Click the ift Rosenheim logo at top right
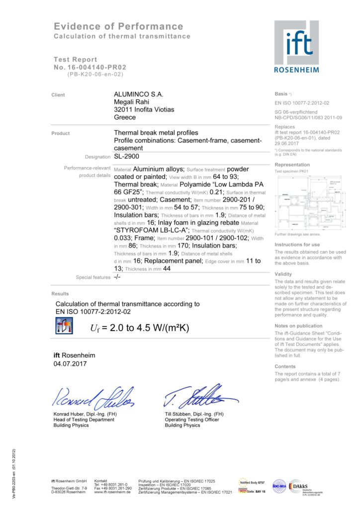[x=296, y=46]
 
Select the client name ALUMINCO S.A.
[x=139, y=94]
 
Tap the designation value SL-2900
[x=127, y=157]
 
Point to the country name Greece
[x=125, y=118]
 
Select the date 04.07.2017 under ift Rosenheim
[x=70, y=364]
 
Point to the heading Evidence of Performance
[x=118, y=26]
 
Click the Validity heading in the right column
[x=283, y=274]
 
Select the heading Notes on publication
[x=298, y=326]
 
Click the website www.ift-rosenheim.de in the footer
[x=112, y=492]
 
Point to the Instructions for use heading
[x=297, y=245]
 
